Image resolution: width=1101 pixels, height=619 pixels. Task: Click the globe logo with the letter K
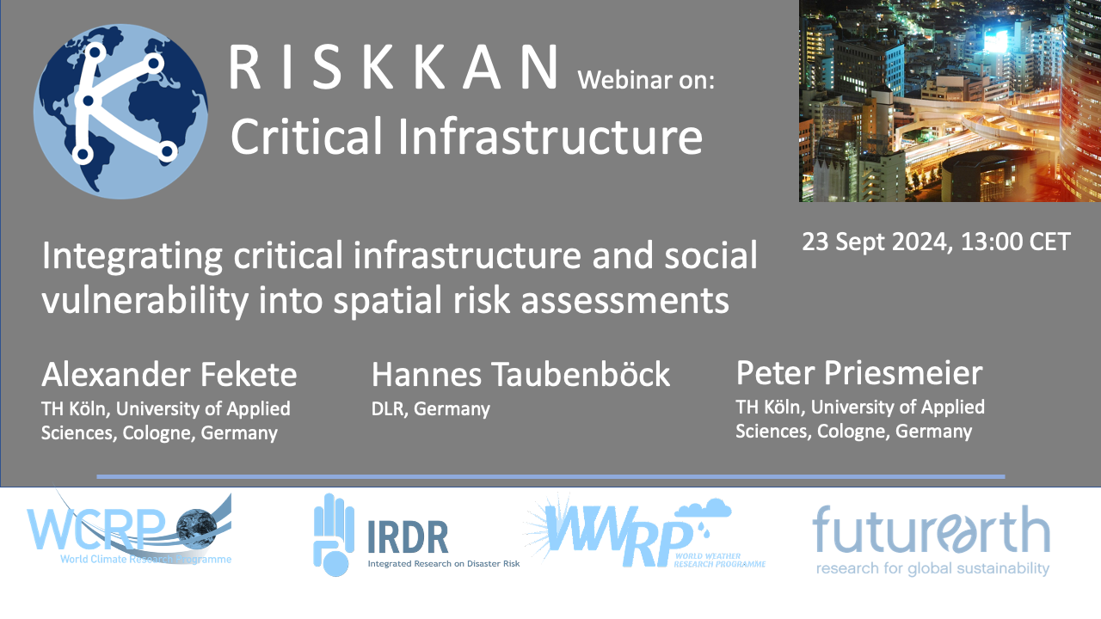[x=120, y=112]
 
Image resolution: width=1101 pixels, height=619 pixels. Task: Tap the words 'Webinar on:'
[x=646, y=80]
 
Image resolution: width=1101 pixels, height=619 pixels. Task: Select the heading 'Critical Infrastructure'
[x=466, y=135]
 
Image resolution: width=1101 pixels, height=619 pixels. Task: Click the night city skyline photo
[x=950, y=101]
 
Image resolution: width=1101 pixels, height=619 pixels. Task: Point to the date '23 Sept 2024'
[x=876, y=242]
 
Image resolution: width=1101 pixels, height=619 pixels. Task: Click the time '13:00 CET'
[x=1016, y=242]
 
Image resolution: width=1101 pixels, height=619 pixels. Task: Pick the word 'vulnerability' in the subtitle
[x=145, y=301]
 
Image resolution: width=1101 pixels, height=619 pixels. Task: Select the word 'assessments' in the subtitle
[x=624, y=301]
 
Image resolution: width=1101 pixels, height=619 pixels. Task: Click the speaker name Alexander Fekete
[x=169, y=374]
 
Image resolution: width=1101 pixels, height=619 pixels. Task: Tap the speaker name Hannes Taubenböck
[x=520, y=374]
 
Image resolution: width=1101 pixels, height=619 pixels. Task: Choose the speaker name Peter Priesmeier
[x=859, y=373]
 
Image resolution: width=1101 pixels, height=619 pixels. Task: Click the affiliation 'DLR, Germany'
[x=431, y=408]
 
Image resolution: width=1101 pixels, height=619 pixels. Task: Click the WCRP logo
[x=129, y=529]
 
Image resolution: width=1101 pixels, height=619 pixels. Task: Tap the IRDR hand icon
[x=334, y=535]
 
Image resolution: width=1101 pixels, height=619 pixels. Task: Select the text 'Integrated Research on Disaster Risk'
[x=444, y=563]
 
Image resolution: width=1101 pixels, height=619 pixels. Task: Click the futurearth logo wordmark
[x=931, y=530]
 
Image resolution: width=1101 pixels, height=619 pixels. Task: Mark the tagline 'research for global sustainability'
[x=933, y=569]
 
